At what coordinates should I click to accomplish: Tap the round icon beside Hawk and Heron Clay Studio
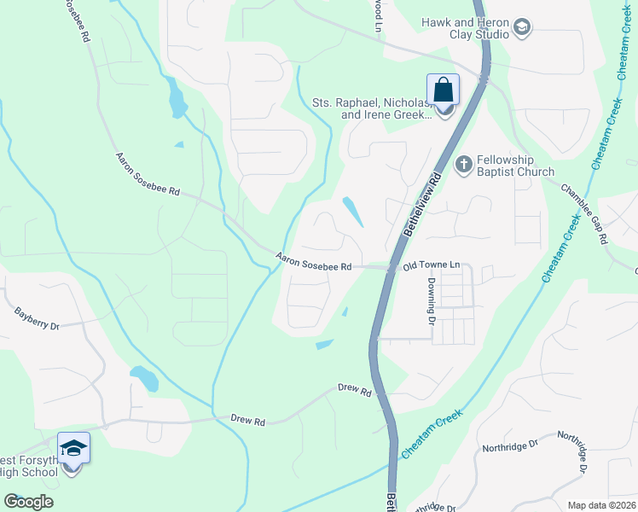[x=522, y=30]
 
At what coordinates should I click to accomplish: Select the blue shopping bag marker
[x=444, y=89]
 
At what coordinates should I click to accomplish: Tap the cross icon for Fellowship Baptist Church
[x=464, y=164]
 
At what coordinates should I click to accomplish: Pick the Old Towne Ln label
[x=432, y=266]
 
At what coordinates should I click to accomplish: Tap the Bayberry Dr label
[x=36, y=320]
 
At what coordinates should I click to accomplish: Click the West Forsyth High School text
[x=30, y=468]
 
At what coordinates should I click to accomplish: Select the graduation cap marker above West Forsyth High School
[x=73, y=448]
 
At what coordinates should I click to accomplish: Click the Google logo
[x=27, y=502]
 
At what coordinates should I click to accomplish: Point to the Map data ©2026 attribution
[x=601, y=505]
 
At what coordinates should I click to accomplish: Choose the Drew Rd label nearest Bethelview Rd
[x=355, y=390]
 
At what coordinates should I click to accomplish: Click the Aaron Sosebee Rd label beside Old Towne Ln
[x=314, y=262]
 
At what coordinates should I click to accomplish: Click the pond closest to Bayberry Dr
[x=143, y=378]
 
